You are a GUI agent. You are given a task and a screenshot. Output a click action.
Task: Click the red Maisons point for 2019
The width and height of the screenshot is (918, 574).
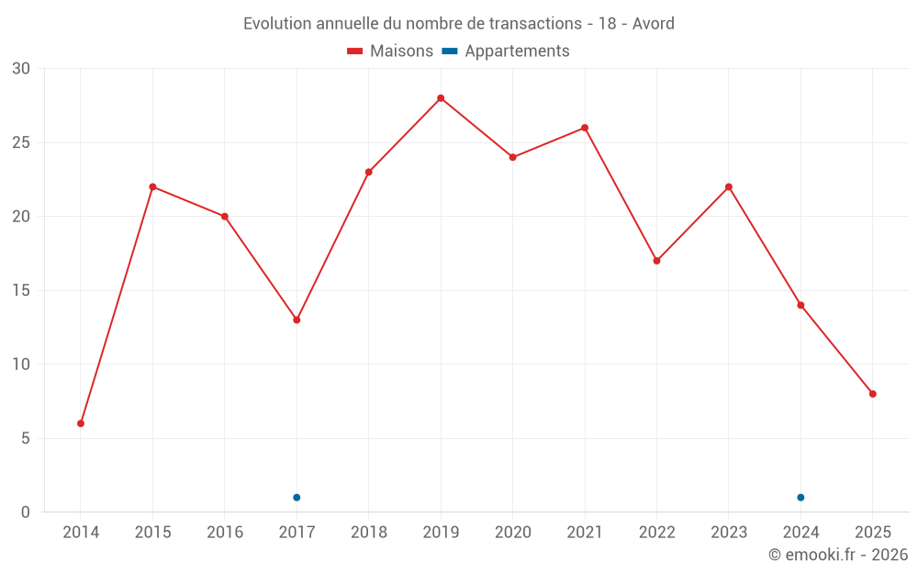tap(441, 98)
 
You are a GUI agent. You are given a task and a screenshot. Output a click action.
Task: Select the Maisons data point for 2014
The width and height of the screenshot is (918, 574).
tap(81, 423)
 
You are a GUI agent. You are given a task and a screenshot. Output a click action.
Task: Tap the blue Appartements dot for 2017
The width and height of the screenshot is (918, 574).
tap(297, 498)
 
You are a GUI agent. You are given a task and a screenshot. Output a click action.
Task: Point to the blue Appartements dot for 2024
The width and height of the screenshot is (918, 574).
tap(800, 498)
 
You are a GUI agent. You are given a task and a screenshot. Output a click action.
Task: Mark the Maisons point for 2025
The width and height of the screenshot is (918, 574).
tap(873, 394)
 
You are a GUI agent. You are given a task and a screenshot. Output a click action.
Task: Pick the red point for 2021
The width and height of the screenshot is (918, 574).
tap(585, 128)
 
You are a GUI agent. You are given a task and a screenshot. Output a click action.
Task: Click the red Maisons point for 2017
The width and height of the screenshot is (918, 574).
tap(297, 320)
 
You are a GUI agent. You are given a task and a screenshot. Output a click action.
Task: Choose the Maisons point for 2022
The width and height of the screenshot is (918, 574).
tap(656, 261)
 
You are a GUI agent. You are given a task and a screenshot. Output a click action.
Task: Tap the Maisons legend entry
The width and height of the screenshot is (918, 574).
tap(390, 51)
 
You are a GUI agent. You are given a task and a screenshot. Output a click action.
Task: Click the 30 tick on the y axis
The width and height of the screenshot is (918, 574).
tap(21, 69)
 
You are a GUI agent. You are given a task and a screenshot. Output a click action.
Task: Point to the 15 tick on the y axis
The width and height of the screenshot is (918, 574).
tap(21, 291)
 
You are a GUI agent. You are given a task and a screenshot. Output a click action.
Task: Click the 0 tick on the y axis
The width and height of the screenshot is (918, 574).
tap(26, 512)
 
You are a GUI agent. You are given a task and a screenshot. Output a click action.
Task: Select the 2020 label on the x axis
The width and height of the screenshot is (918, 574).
tap(512, 533)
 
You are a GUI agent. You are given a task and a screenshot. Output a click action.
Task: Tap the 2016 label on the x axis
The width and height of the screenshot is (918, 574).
tap(225, 533)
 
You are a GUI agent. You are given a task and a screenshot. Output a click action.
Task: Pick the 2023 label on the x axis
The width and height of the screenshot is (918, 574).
tap(729, 533)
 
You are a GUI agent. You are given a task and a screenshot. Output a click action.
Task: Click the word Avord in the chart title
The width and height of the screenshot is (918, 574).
tap(654, 23)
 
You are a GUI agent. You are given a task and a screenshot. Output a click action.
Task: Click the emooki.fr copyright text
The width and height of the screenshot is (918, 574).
tap(838, 555)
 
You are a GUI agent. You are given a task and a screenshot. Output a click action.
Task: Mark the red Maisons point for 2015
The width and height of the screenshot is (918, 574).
tap(152, 186)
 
